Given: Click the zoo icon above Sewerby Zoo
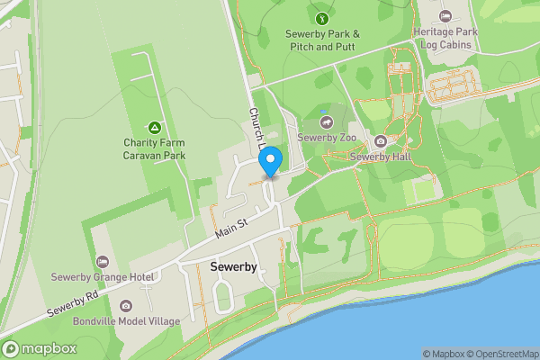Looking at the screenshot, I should [x=325, y=121].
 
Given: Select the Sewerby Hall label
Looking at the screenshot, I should [x=380, y=157].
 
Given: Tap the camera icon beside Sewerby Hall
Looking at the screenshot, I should [x=380, y=141].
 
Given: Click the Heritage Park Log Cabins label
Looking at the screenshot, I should [x=445, y=37].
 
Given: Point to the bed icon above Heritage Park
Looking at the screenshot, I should [x=445, y=15].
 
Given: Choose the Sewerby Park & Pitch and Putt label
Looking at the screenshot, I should [x=322, y=40].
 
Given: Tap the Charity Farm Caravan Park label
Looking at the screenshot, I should [x=155, y=148].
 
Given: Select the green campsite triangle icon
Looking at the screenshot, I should [x=155, y=127].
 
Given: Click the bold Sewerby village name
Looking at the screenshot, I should [x=233, y=268].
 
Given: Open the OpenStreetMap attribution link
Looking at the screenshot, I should [x=506, y=354].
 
